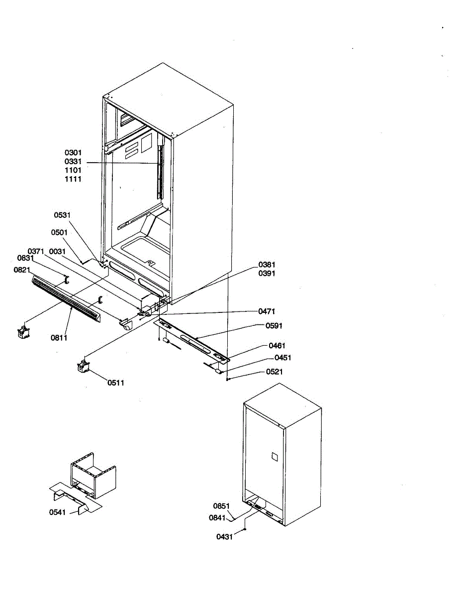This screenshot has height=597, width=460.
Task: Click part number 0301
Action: (x=73, y=153)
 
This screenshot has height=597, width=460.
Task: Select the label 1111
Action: (x=73, y=179)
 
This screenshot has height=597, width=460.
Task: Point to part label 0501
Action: (x=60, y=232)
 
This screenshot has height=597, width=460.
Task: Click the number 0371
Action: (x=36, y=251)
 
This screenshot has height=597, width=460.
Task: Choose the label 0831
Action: (x=25, y=258)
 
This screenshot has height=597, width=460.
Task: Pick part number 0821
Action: (x=22, y=270)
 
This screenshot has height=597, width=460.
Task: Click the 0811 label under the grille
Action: (x=59, y=338)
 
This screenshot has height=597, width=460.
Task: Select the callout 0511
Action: (x=116, y=383)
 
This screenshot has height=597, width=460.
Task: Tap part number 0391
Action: (x=267, y=274)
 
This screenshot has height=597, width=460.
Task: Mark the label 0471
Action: (x=267, y=311)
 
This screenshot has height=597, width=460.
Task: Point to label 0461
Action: (x=277, y=345)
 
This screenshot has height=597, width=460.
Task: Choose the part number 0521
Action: (x=275, y=372)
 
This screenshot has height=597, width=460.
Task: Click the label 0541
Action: (x=57, y=512)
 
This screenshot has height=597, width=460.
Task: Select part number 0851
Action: (x=221, y=506)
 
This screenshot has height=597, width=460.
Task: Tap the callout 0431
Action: (x=225, y=537)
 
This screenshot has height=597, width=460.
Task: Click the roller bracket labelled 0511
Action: (x=83, y=367)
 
